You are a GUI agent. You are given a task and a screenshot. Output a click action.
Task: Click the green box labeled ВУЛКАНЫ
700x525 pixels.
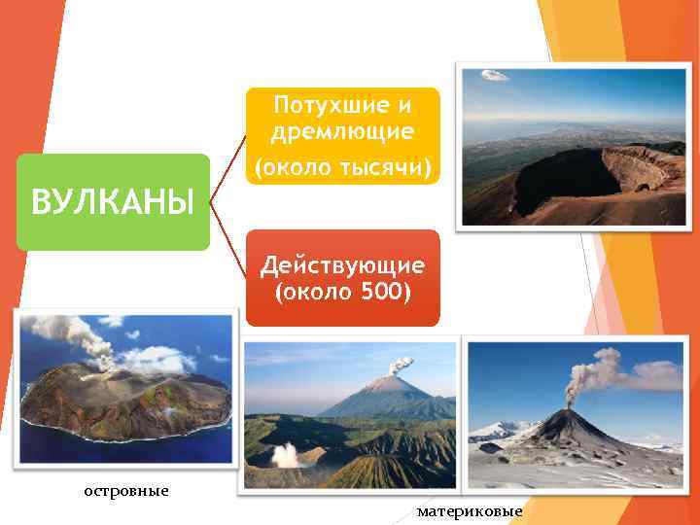[x=113, y=201]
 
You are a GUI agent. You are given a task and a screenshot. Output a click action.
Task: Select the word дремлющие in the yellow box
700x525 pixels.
[x=342, y=131]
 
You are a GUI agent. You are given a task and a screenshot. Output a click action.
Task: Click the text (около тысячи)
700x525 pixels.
[x=342, y=167]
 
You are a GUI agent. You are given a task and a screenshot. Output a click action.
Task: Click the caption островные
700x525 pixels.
[x=126, y=491]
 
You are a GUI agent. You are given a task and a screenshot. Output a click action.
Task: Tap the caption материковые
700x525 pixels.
[x=470, y=511]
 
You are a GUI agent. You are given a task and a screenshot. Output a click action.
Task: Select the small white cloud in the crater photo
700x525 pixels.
[x=495, y=75]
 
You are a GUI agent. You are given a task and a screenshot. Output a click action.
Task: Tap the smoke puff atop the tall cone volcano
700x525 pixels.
[x=401, y=366]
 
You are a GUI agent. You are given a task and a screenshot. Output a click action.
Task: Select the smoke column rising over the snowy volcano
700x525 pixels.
[x=593, y=374]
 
